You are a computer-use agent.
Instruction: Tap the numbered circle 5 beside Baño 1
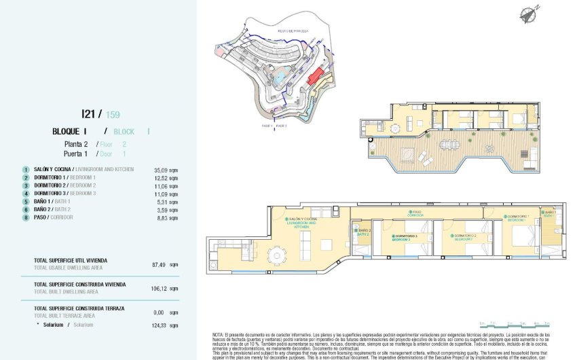tap(26, 202)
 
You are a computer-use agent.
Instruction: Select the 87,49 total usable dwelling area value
tap(160, 265)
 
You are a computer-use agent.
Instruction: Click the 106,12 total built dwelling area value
tap(160, 287)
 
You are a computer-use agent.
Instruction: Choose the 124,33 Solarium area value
tap(160, 325)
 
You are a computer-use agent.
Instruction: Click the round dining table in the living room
tap(276, 256)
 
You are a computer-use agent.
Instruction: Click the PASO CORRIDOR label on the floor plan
tap(415, 213)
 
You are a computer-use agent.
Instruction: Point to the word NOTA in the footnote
tap(219, 335)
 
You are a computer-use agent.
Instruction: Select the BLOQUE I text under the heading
tap(70, 131)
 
